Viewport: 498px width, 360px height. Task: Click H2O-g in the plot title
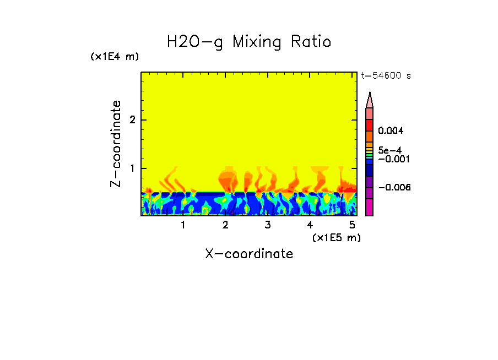pos(195,42)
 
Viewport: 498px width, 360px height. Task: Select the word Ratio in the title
pos(311,42)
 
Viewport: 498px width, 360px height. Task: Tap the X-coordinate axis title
pos(249,254)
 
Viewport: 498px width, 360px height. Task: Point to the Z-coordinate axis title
pos(116,144)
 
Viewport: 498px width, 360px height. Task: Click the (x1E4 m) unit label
pos(115,57)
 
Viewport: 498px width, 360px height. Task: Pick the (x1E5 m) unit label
pos(336,237)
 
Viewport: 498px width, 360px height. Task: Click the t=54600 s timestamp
pos(386,76)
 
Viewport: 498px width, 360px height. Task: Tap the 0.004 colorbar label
pos(391,131)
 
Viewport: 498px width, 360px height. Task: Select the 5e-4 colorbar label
pos(389,150)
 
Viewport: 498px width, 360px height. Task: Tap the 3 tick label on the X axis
pos(267,225)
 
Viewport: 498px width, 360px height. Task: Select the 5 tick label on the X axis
pos(352,225)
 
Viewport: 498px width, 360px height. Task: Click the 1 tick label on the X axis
pos(183,225)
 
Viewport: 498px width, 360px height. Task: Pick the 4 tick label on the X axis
pos(310,225)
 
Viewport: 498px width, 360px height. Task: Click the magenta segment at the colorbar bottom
pos(370,207)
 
